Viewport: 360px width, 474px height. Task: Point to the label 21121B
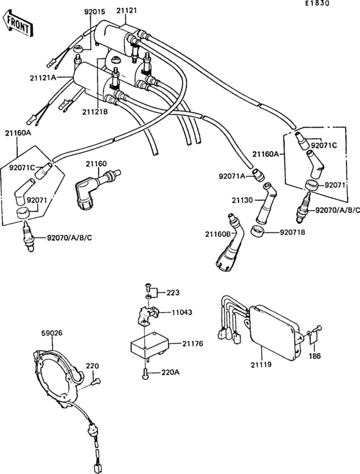[94, 112]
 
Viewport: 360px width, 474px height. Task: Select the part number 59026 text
[52, 333]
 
